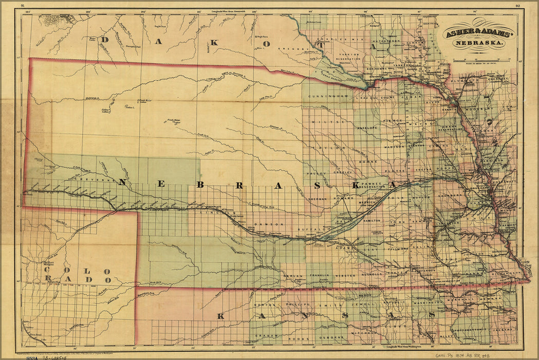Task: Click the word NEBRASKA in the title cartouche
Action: (478, 43)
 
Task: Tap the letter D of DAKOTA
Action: (106, 40)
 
